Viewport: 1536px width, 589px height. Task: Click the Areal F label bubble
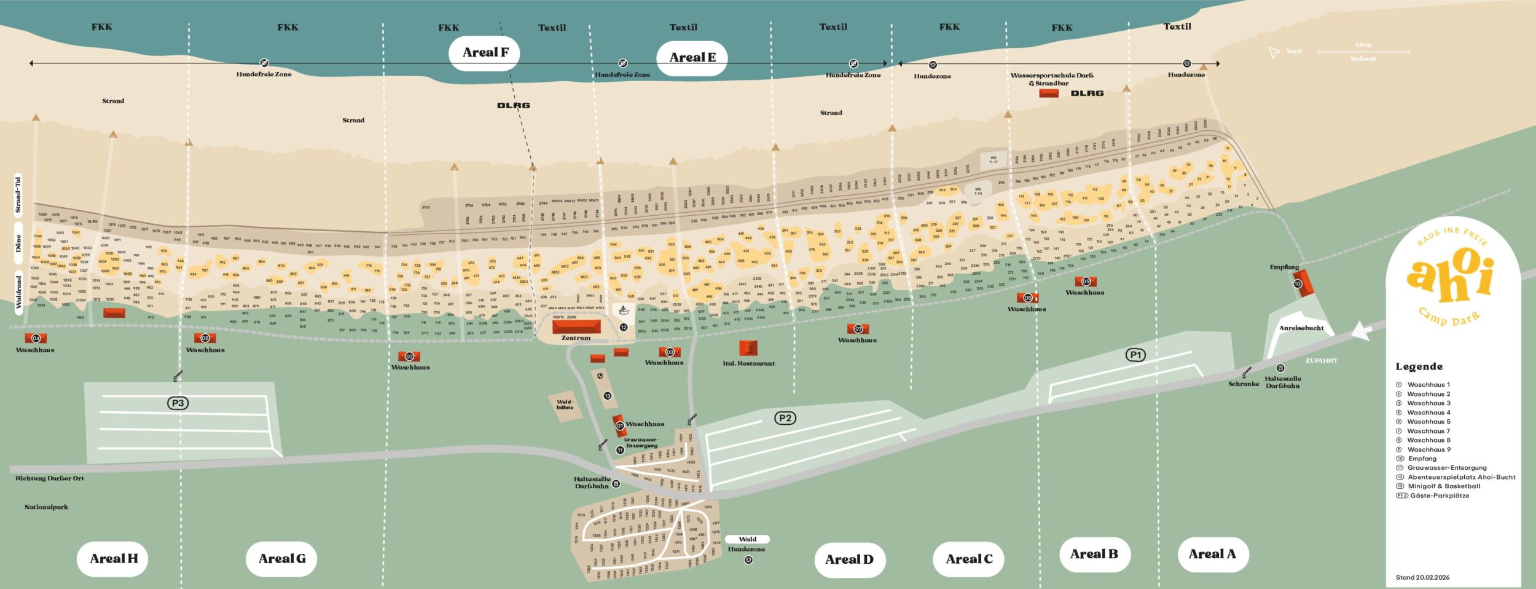[484, 53]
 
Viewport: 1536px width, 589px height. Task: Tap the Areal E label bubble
[692, 58]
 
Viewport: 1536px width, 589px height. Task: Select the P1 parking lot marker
[1135, 355]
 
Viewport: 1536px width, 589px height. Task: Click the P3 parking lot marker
[178, 403]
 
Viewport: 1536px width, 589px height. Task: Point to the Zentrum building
[576, 326]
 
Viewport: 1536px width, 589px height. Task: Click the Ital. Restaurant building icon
[748, 348]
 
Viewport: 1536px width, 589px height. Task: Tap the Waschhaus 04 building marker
[36, 338]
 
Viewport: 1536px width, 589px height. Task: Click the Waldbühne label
[565, 405]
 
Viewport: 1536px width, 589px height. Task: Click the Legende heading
[1419, 367]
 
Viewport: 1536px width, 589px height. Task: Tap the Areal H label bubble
[114, 559]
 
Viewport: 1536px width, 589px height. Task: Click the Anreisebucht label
[1301, 328]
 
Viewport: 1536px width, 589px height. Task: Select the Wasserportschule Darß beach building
[1048, 93]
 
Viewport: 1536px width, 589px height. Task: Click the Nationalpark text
[46, 507]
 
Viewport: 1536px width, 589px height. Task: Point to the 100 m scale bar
[1363, 52]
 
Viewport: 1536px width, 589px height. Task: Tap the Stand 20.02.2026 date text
[1422, 577]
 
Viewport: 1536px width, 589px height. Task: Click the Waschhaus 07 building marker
[858, 329]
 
